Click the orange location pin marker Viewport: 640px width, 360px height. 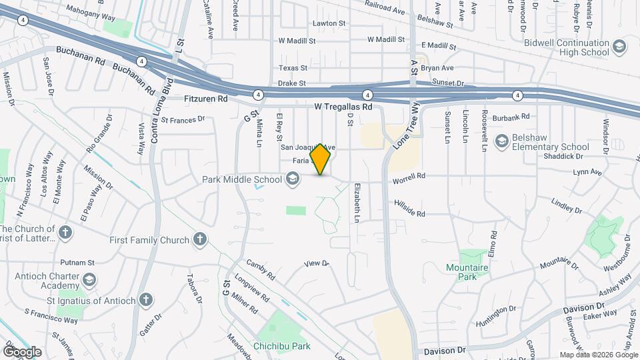tap(321, 159)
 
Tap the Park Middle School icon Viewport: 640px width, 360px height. tap(292, 178)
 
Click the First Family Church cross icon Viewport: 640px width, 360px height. tap(199, 239)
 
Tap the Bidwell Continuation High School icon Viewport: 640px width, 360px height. tap(619, 47)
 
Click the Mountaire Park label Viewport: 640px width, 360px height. tap(467, 272)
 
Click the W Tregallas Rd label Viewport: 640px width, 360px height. tap(343, 107)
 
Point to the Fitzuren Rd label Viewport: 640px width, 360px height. tap(205, 99)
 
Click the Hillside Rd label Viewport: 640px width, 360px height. tap(409, 208)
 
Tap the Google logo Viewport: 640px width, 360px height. tap(22, 351)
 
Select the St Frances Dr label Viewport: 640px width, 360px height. tap(182, 120)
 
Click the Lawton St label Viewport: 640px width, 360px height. tap(331, 23)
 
